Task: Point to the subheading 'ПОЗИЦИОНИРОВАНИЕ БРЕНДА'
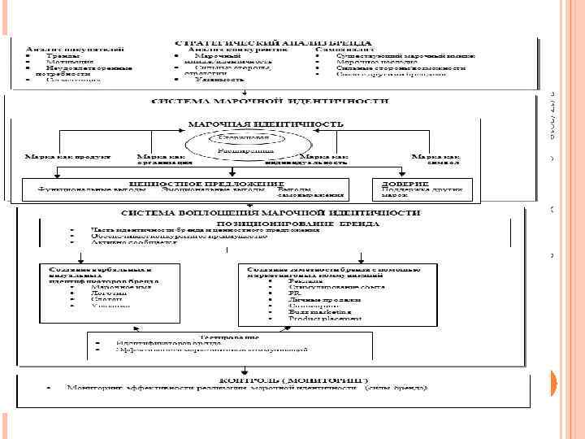[x=296, y=221]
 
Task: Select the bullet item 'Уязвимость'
[x=219, y=80]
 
